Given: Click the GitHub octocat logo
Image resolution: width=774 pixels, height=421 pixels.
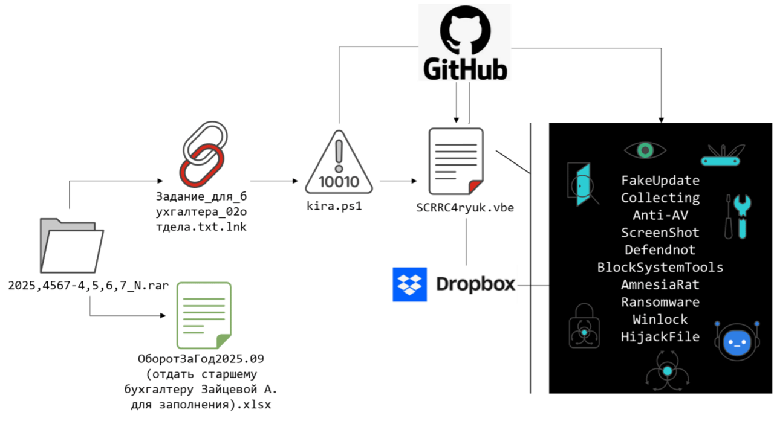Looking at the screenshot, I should pos(464,29).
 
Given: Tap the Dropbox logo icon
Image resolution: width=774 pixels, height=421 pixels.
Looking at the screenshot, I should pos(409,284).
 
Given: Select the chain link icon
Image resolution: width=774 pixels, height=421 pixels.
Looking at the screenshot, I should pos(203,156).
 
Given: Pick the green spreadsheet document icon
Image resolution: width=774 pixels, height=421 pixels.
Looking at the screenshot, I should pos(204,315).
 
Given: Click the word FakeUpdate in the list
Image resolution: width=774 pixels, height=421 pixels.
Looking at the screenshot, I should pos(660,181).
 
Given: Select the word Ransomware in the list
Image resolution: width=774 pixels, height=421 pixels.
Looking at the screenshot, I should pos(660,302).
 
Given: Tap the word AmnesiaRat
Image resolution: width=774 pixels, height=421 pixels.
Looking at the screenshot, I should pos(660,284).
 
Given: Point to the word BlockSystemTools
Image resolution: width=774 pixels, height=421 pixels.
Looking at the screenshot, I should pos(660,267).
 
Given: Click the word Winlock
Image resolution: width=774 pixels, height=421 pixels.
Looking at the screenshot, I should pos(660,320).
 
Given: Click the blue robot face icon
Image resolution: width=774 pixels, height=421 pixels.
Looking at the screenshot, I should pos(736,341).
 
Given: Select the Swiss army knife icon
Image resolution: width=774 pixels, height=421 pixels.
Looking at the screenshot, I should pos(722,156).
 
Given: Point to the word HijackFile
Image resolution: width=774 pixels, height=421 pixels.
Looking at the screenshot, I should pos(660,337).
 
